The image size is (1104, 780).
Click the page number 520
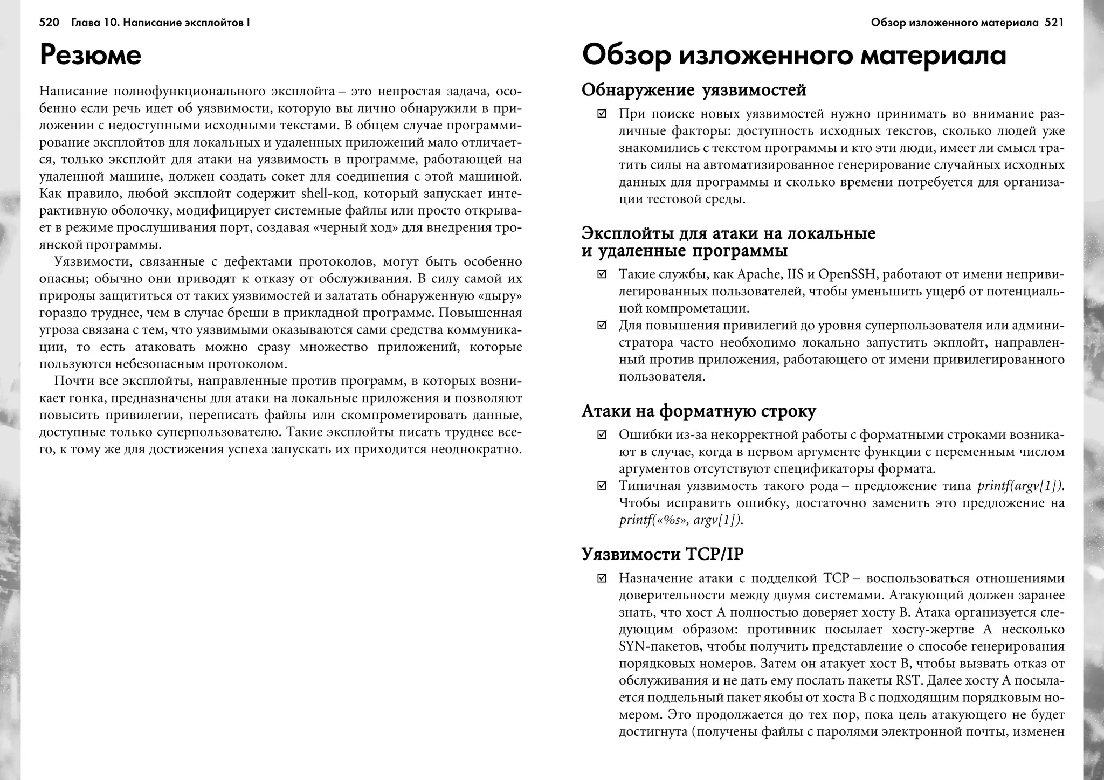click(x=49, y=23)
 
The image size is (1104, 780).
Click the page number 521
click(x=1054, y=23)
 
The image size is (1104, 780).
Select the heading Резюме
click(x=91, y=55)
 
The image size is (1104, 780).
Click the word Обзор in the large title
click(x=625, y=56)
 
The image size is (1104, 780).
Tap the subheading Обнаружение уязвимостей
click(x=694, y=90)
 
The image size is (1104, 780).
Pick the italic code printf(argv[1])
click(x=1020, y=486)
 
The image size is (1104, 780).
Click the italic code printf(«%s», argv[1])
click(x=680, y=521)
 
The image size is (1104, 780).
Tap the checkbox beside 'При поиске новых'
click(x=602, y=114)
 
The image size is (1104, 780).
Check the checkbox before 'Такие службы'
click(x=602, y=275)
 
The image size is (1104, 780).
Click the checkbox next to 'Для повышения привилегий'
click(x=602, y=326)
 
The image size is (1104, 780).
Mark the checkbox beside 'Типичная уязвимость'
click(x=602, y=486)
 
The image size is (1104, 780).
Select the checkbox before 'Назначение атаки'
click(x=602, y=578)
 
